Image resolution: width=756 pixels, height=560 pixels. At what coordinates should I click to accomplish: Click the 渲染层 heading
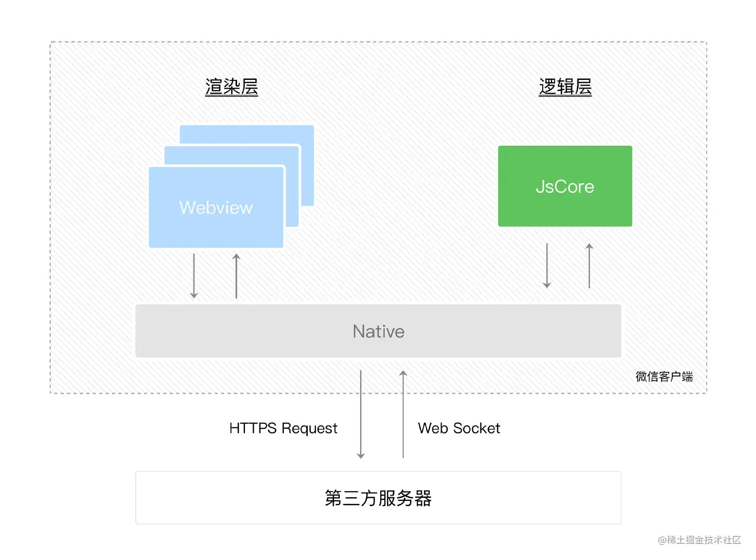point(231,87)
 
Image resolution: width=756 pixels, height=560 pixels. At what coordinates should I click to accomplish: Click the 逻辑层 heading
point(565,87)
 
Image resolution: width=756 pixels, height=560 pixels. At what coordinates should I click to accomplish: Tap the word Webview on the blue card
point(216,207)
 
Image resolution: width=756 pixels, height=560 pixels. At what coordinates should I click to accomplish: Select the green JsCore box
point(565,186)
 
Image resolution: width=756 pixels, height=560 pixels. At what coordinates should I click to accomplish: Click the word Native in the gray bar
point(378,331)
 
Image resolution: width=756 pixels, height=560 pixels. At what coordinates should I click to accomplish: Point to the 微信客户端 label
point(664,376)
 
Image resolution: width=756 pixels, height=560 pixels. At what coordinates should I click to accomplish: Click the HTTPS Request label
point(283,428)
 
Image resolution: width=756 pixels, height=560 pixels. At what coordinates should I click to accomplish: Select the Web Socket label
point(459,428)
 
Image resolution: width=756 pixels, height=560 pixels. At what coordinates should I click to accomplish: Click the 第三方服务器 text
point(378,498)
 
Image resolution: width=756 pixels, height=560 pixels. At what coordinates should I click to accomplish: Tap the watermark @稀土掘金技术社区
point(699,540)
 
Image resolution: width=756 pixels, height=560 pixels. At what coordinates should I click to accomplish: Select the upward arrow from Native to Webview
point(236,276)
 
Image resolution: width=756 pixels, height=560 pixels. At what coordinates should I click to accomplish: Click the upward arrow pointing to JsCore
point(589,265)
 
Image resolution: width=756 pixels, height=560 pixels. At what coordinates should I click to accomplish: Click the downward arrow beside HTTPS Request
point(361,414)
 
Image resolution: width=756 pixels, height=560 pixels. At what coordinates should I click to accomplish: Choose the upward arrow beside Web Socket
point(403,414)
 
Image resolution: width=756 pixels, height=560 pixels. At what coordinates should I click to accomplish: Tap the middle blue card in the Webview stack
point(293,187)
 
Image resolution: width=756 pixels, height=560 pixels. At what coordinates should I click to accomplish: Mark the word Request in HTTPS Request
point(309,428)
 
